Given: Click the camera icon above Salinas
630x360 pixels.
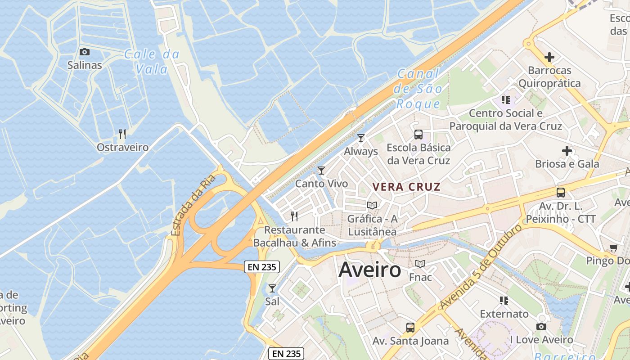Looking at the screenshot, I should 85,52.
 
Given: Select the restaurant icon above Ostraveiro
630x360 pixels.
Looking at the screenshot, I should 122,134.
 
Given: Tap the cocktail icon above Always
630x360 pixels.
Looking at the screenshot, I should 360,138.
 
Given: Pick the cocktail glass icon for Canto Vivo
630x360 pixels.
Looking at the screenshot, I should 321,170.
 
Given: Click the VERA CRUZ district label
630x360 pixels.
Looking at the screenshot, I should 406,187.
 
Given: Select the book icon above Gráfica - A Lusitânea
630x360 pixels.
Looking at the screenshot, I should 372,205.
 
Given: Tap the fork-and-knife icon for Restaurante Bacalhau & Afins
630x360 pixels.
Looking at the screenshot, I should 294,216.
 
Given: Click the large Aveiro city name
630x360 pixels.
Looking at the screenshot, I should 369,270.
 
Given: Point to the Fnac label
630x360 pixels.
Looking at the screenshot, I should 420,277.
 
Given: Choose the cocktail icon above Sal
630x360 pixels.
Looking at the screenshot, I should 272,288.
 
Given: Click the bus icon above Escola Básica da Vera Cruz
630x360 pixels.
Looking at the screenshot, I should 418,134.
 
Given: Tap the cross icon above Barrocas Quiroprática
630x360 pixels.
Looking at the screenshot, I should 549,57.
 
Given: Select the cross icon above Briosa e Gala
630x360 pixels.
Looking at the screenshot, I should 567,151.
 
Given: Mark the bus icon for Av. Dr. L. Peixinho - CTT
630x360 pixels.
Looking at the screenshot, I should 561,193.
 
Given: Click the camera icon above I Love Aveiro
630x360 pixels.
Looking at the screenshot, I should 541,326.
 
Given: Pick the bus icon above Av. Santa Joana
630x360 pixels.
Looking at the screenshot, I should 410,327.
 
